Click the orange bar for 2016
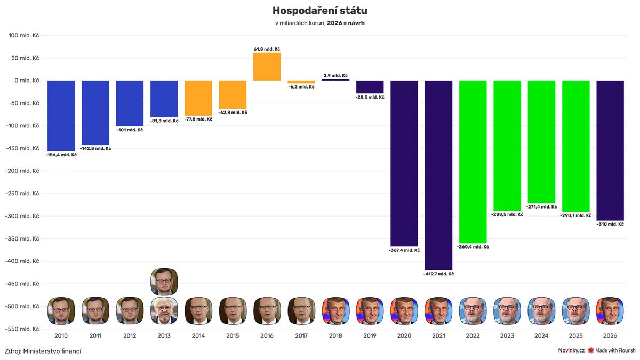(267, 67)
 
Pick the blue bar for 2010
(61, 116)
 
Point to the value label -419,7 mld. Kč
(438, 274)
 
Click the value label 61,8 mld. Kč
(267, 49)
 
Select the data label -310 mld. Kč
(610, 224)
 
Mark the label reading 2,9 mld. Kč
(335, 76)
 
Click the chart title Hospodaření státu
(319, 11)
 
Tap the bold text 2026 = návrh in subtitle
(346, 23)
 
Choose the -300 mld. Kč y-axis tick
(22, 216)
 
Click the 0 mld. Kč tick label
(27, 81)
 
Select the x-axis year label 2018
(335, 336)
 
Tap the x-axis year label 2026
(610, 336)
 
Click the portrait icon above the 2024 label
(541, 311)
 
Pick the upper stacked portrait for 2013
(164, 282)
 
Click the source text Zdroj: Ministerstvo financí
(43, 351)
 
